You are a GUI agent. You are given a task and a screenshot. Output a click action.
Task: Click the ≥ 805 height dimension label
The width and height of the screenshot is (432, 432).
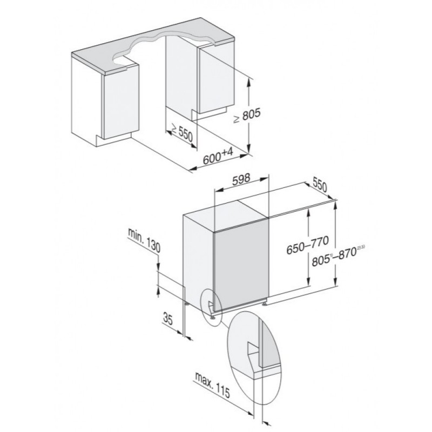pos(247,115)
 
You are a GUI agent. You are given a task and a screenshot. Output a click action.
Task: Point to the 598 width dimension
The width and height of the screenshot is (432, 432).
pos(241,179)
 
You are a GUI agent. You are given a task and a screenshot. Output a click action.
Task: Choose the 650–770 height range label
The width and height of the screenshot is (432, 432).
pos(307,245)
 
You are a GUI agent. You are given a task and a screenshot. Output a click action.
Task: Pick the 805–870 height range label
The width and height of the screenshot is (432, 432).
pos(339,257)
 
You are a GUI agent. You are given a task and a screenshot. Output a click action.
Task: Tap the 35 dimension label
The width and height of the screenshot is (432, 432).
pos(167,319)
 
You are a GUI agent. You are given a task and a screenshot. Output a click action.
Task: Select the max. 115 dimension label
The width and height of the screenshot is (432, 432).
pos(212,385)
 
